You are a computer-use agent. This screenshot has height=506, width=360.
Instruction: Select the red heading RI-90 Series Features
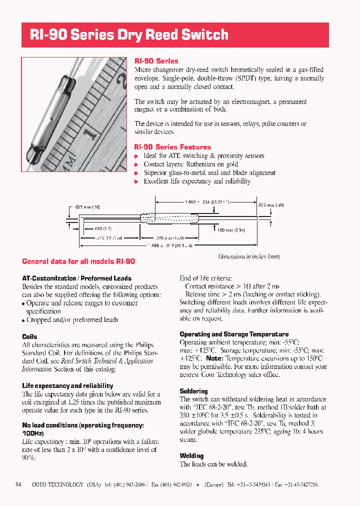click(x=172, y=147)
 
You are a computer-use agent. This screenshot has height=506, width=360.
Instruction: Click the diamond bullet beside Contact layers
click(x=136, y=164)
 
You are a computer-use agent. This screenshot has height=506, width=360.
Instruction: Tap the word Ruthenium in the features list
click(x=201, y=164)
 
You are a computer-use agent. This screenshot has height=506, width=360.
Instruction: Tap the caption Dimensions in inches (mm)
click(x=249, y=256)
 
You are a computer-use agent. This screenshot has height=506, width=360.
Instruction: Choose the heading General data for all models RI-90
click(x=78, y=261)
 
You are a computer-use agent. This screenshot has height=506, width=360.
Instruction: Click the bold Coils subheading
click(x=29, y=336)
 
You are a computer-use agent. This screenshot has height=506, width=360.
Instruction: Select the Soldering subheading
click(x=193, y=391)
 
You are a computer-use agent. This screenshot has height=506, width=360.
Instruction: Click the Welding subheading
click(x=191, y=455)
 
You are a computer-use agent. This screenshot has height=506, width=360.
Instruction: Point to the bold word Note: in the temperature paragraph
click(x=214, y=358)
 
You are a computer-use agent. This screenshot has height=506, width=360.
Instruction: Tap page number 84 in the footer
click(x=18, y=484)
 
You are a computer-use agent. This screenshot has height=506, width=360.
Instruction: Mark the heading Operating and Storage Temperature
click(x=234, y=334)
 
